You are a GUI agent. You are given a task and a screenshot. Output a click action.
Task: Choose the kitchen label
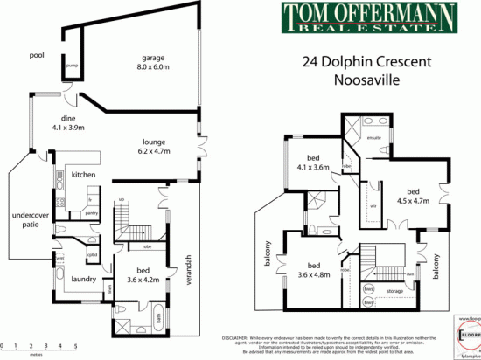tap(82, 175)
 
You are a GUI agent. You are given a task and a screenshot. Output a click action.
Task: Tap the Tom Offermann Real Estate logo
tap(359, 17)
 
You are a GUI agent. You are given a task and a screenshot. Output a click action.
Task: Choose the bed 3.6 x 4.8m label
tap(312, 272)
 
